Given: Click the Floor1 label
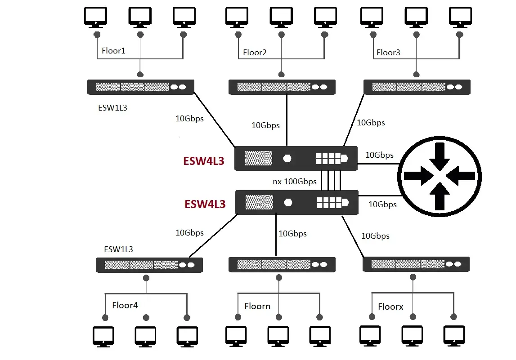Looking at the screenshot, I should coord(113,51).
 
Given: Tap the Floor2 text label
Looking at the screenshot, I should coord(255,53).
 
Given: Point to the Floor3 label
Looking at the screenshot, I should coord(388,53).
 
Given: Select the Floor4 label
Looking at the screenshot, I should coord(125,306).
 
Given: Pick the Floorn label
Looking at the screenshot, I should coord(257,307).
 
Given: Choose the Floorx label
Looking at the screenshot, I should coord(390,307).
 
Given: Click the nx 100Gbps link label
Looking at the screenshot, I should coord(295,182).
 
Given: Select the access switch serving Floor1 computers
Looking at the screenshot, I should coord(141,87).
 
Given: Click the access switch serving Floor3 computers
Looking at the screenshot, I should coord(417,87).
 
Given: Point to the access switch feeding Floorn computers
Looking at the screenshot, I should coord(282,264).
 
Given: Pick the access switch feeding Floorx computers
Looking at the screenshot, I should coord(416,264).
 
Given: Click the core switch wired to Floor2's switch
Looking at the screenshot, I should coord(296,158).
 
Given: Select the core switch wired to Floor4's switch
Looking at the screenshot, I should coord(296,202).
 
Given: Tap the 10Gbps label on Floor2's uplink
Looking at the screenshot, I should coord(265,125).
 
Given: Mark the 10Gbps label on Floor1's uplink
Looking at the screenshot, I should coord(189,119).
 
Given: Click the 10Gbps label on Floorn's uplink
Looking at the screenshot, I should coord(292,234).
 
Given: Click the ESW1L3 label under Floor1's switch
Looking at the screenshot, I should coord(112,108).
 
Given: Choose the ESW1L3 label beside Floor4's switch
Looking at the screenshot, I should coord(118,249).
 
